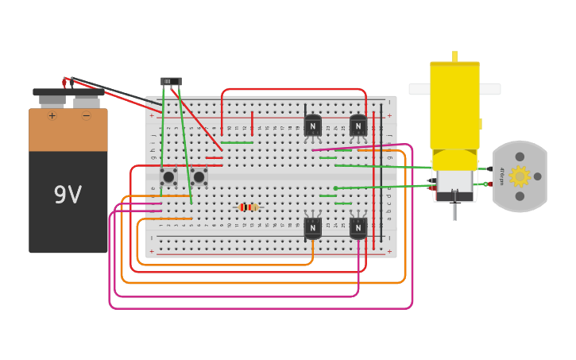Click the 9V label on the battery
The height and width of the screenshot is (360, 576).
point(68,195)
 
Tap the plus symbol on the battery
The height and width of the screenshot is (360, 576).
point(52,116)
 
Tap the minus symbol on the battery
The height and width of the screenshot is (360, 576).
point(86,116)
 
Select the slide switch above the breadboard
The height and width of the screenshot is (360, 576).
point(171,81)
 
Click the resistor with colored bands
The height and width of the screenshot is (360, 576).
point(248,207)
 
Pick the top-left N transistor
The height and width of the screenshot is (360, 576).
point(312,126)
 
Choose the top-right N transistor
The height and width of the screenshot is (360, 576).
point(358,126)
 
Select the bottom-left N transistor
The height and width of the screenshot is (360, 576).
point(312,227)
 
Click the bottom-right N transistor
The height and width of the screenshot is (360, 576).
point(358,227)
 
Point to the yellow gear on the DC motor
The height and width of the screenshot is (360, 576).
point(520,176)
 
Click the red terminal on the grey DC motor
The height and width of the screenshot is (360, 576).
point(490,184)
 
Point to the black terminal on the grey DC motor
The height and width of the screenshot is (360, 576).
point(490,168)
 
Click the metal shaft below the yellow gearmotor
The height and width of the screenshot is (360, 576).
point(454,211)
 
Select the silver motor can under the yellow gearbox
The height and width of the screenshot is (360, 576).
point(454,183)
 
